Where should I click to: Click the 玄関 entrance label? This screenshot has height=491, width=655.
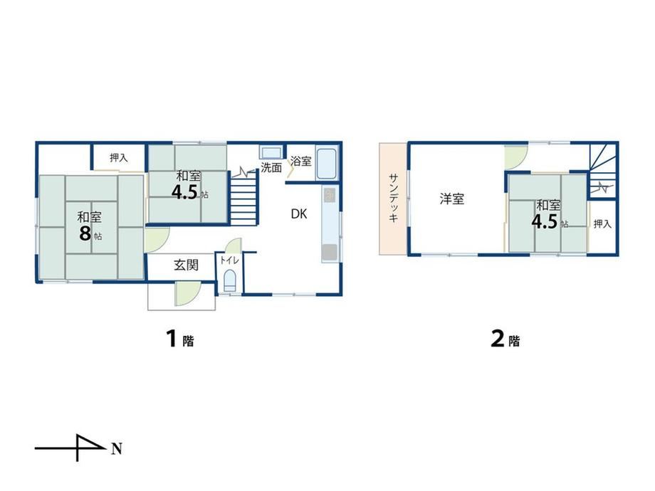186,265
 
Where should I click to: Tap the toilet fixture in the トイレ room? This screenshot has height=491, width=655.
230,280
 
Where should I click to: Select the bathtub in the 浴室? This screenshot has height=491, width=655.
327,163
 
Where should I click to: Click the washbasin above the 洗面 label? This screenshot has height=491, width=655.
271,152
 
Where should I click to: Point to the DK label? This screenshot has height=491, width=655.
299,214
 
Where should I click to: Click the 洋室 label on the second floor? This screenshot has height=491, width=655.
451,199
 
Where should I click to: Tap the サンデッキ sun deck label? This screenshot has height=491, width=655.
393,198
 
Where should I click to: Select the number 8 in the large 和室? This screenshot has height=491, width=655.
85,233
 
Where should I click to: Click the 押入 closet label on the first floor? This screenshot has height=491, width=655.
119,158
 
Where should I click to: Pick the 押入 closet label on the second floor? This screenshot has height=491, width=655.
602,224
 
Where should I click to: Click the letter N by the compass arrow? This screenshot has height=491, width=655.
117,449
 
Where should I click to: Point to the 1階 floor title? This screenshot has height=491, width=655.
180,339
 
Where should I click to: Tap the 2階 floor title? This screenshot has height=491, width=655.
505,339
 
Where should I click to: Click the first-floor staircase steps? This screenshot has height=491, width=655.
243,199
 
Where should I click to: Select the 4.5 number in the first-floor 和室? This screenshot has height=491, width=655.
184,192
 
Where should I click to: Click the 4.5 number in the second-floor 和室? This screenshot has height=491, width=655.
545,222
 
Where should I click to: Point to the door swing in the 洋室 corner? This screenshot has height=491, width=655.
515,156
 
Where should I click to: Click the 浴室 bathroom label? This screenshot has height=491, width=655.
300,161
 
